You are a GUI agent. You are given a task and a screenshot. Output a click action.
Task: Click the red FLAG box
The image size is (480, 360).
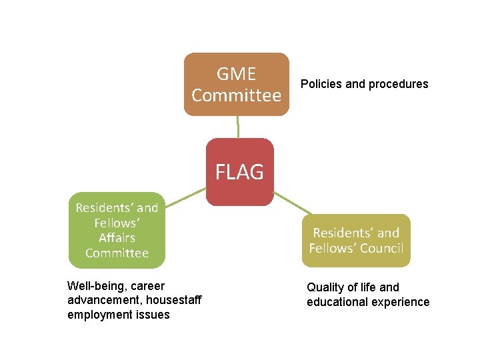239,172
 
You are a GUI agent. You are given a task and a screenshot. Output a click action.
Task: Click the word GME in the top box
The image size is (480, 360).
236,74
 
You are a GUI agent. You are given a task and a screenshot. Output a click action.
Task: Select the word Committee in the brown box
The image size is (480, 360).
236,95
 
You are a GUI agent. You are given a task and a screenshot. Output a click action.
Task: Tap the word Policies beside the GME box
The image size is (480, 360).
321,84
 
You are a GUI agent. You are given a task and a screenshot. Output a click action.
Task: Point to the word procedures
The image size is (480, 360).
397,84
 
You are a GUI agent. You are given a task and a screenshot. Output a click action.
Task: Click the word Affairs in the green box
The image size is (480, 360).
117,237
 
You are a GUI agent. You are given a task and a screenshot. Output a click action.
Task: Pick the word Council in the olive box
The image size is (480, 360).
381,249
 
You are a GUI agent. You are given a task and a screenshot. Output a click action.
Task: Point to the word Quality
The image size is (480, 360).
325,287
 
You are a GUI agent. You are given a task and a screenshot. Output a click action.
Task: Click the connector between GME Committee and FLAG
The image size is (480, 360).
238,127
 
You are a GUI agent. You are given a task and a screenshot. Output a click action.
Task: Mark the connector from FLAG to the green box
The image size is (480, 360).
185,196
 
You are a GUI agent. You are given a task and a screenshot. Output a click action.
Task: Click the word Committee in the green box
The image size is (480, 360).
117,253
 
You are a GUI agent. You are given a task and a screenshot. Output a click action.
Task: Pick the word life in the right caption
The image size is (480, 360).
367,287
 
